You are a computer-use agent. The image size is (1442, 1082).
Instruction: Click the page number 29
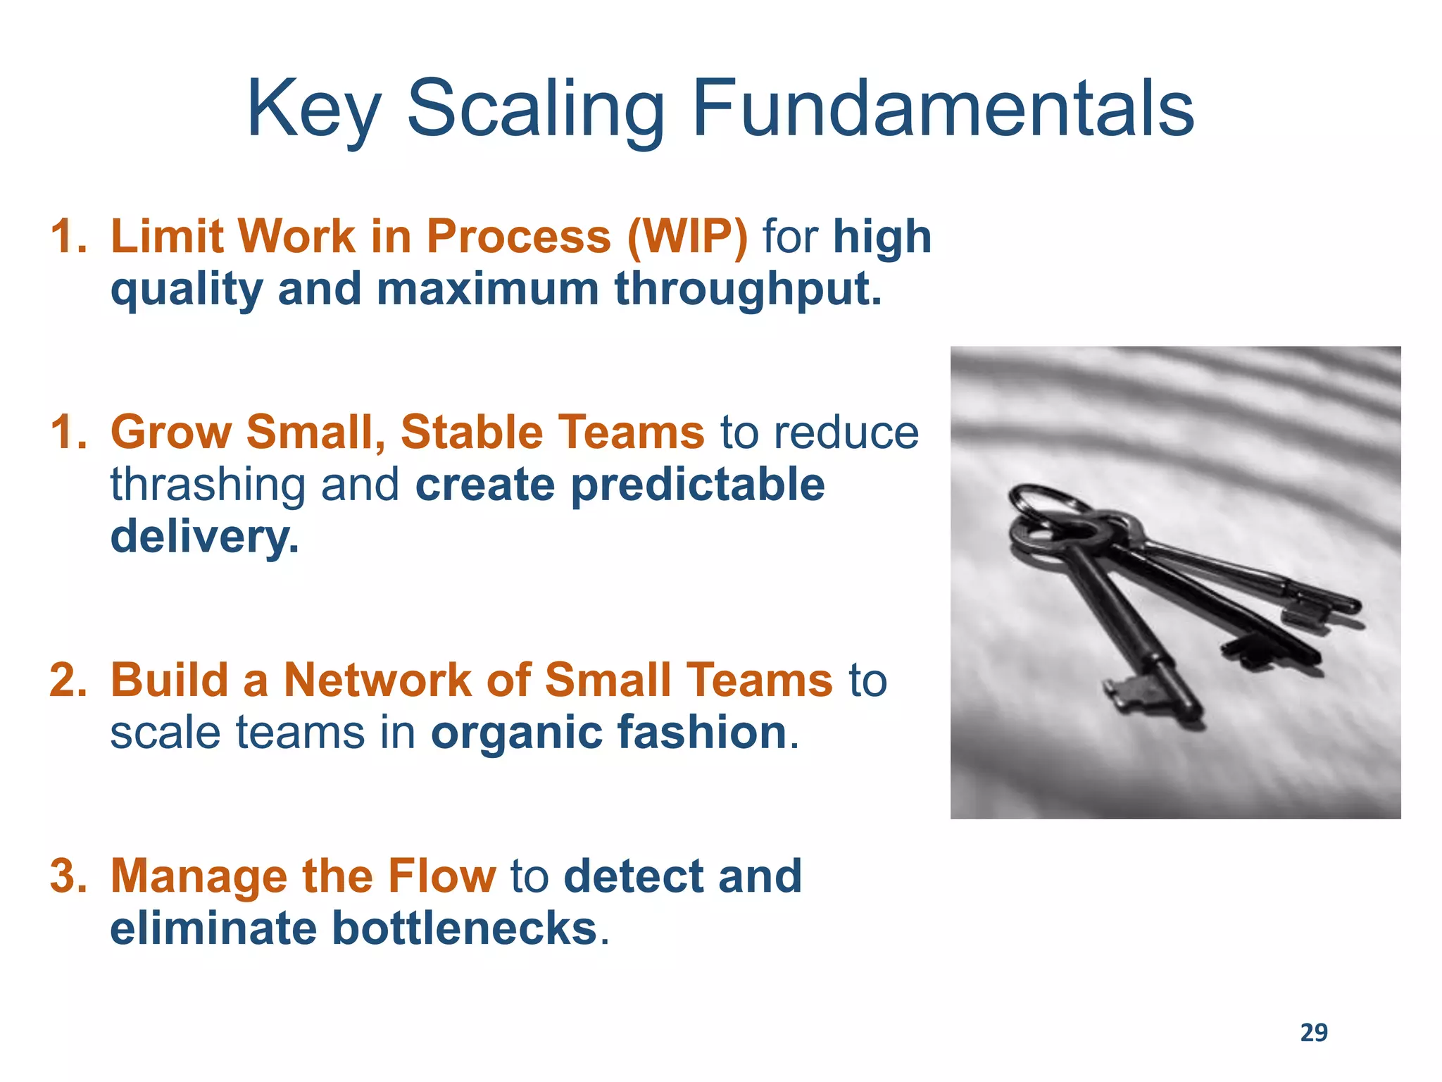click(1313, 1033)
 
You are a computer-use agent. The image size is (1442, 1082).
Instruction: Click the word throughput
click(748, 290)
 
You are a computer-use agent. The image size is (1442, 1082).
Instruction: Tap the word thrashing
click(208, 485)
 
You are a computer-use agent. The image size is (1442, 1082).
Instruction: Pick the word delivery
click(204, 537)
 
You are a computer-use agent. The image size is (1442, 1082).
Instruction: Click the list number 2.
click(68, 680)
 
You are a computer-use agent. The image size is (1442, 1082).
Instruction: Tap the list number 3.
click(68, 876)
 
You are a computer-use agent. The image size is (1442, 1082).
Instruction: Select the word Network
click(377, 680)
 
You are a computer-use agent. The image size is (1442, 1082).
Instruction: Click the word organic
click(516, 733)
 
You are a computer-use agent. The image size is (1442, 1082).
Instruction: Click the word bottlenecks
click(464, 928)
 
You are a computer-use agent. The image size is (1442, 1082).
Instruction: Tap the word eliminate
click(213, 928)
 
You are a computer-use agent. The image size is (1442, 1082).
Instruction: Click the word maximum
click(487, 290)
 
